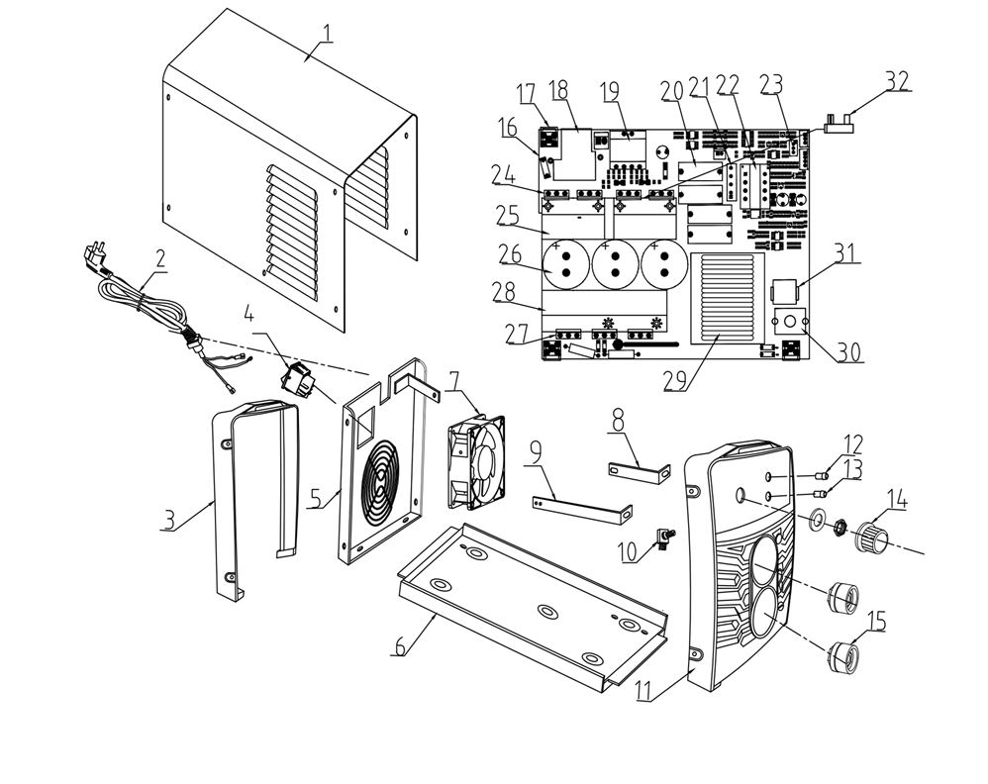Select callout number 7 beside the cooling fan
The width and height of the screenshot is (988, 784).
pyautogui.click(x=454, y=381)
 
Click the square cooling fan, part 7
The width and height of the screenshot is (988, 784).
pyautogui.click(x=476, y=457)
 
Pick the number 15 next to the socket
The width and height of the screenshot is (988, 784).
pyautogui.click(x=876, y=621)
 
